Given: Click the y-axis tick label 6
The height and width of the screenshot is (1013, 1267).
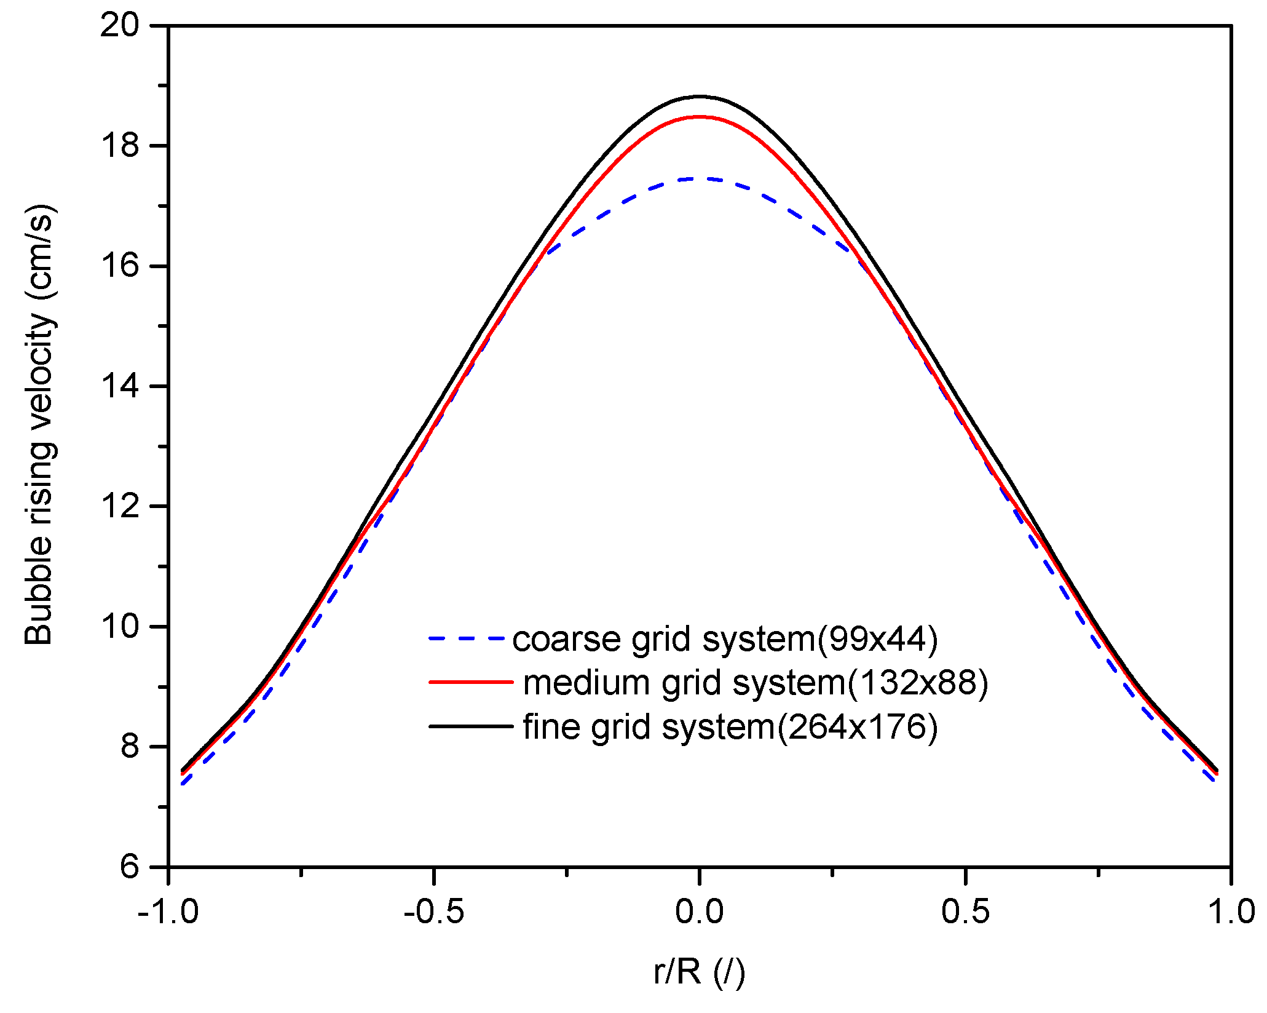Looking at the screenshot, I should point(130,868).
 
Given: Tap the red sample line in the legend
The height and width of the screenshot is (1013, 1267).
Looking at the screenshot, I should point(470,682).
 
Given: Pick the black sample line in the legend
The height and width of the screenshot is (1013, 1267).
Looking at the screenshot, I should point(470,726).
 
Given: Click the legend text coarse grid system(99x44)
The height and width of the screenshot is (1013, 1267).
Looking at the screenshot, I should point(725,639).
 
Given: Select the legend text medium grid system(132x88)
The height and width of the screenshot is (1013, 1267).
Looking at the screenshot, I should point(756,683).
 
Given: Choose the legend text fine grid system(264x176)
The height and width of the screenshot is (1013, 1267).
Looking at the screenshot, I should point(730,727).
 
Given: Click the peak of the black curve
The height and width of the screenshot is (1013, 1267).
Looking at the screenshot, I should point(700,97).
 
